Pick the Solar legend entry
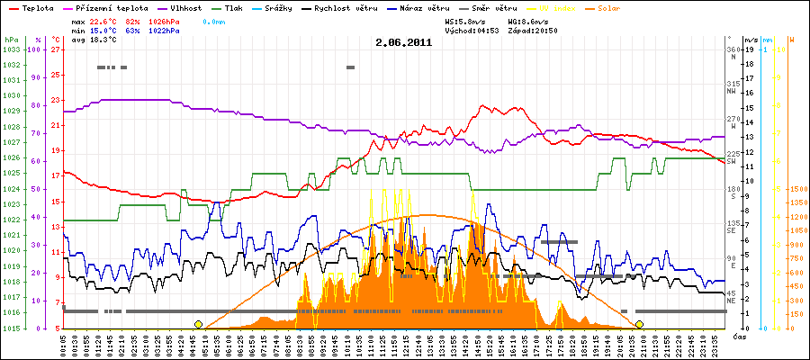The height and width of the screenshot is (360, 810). pyautogui.click(x=614, y=7)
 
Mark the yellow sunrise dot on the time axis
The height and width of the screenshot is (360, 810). pyautogui.click(x=198, y=324)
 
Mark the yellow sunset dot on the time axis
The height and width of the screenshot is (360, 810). pyautogui.click(x=639, y=324)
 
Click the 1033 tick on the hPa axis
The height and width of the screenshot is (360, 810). pyautogui.click(x=11, y=49)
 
